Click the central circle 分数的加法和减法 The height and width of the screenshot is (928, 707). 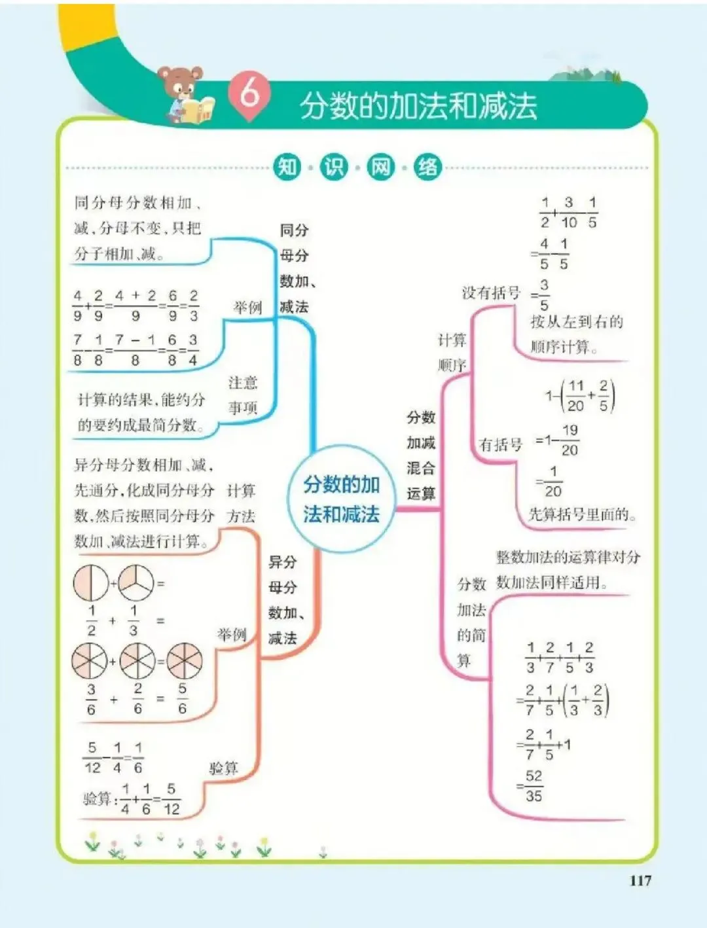[x=341, y=499]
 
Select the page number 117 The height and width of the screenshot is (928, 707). [x=640, y=880]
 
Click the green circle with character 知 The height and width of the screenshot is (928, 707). [x=287, y=167]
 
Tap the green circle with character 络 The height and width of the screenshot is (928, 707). [x=428, y=167]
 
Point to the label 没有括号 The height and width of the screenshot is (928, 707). [x=490, y=293]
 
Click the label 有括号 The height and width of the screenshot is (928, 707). [x=501, y=445]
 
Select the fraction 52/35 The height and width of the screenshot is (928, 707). [x=534, y=786]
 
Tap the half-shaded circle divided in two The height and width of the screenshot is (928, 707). [x=90, y=582]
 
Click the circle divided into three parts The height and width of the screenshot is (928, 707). [x=136, y=582]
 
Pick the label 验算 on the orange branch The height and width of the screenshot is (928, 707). [x=223, y=768]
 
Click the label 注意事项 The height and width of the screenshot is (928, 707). [x=243, y=395]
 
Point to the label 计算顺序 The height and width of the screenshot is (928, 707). [x=452, y=352]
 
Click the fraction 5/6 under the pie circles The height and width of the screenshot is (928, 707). [x=182, y=698]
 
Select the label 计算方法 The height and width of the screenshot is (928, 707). [x=241, y=503]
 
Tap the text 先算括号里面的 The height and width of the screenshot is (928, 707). [x=582, y=514]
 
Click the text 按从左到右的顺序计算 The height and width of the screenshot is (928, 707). [x=576, y=334]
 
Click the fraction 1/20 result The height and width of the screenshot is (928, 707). [x=553, y=481]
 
